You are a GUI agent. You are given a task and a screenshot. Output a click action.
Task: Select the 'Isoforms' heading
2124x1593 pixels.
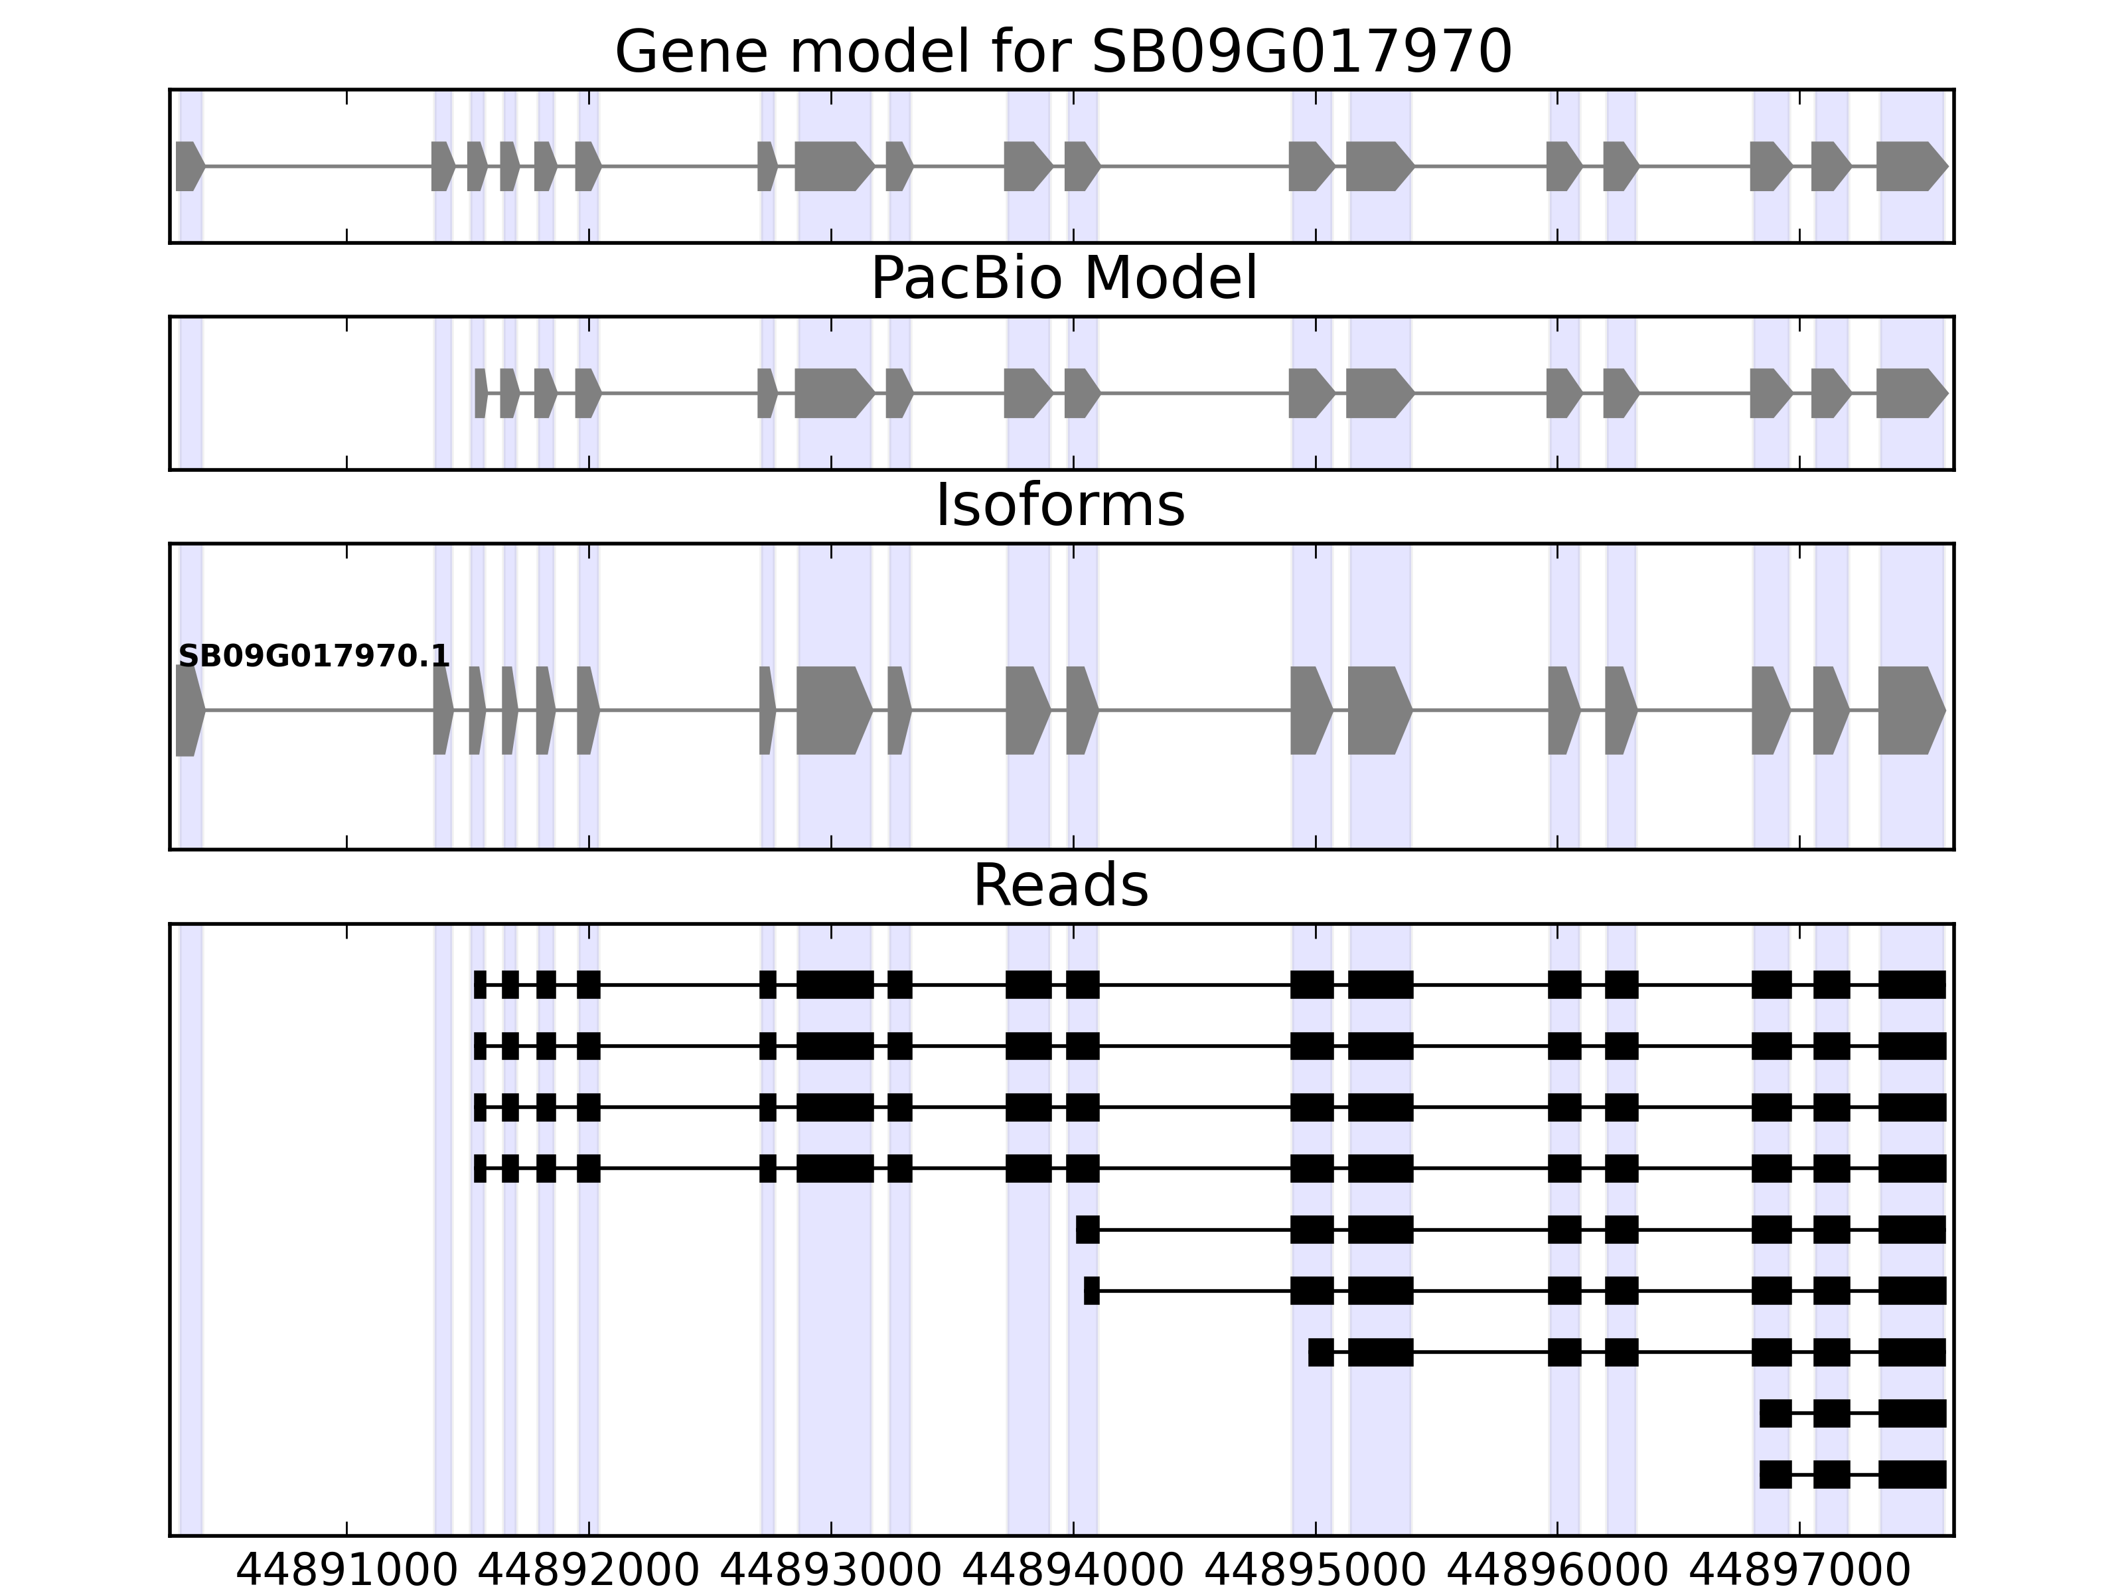[1060, 505]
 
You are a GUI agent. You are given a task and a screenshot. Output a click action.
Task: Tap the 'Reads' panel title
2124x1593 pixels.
[1060, 885]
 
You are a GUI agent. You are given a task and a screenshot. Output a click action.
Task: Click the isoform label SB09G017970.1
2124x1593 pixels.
[314, 657]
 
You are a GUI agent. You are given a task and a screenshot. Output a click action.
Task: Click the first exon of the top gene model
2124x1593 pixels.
[189, 166]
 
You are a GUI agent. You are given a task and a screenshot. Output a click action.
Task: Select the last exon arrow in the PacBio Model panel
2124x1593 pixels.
[1910, 393]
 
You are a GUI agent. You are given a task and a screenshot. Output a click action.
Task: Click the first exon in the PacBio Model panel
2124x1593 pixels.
[480, 393]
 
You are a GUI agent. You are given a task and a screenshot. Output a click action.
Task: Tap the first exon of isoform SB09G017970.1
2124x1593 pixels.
[189, 711]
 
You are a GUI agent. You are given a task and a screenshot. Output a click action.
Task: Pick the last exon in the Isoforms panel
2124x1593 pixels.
[1910, 711]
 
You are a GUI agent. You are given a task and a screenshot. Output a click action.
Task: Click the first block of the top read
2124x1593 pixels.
[480, 984]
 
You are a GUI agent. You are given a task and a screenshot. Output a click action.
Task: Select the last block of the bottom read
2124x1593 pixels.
[1912, 1474]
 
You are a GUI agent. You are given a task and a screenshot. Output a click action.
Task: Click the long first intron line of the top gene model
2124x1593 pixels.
[317, 166]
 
